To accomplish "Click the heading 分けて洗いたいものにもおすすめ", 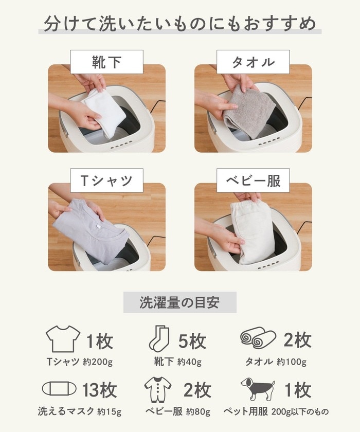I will pos(180,24).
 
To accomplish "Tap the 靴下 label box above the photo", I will pos(106,63).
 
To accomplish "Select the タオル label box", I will pos(254,63).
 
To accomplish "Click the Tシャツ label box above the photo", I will pos(106,181).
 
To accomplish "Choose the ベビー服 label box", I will pos(254,181).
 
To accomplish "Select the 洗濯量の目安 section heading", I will pos(179,302).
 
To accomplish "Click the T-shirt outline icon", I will pos(63,339).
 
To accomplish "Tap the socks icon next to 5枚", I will pos(159,340).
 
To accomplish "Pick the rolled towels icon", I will pos(258,339).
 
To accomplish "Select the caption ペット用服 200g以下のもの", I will pos(276,412).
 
